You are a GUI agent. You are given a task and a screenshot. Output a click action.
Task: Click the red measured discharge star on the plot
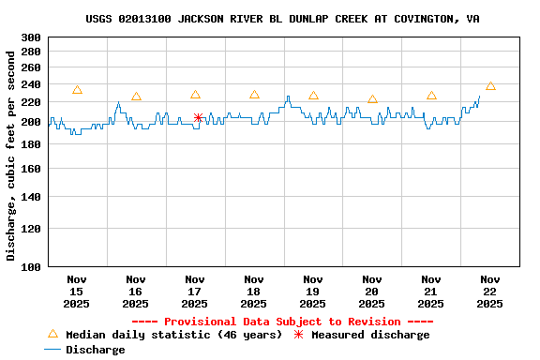(x=198, y=117)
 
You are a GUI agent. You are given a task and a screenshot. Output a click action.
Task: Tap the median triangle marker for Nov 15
(x=77, y=90)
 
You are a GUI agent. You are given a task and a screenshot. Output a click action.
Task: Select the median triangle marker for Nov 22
(x=490, y=85)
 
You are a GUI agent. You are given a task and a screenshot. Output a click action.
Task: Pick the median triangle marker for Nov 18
(x=254, y=95)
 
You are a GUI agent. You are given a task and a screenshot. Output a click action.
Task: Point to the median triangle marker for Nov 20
(x=372, y=98)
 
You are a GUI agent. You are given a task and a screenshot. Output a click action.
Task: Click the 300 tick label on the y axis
(x=30, y=37)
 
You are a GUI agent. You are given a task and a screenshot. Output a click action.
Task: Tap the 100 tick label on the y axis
(x=30, y=267)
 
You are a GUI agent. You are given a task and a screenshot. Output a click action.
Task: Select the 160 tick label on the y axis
(x=30, y=169)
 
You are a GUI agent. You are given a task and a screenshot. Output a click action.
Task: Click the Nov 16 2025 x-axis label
(x=135, y=291)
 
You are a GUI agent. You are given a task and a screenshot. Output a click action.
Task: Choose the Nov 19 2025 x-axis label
(x=312, y=291)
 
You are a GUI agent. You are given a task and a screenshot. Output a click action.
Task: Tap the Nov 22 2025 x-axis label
(x=489, y=291)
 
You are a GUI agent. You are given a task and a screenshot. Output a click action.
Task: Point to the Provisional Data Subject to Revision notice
(x=282, y=322)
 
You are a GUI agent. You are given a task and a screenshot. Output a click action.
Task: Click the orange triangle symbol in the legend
(x=52, y=334)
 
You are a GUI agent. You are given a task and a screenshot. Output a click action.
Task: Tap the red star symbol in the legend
(x=299, y=335)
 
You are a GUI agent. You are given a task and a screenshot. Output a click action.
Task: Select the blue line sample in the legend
(x=52, y=350)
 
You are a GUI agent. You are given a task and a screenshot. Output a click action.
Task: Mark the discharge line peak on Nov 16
(x=118, y=103)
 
